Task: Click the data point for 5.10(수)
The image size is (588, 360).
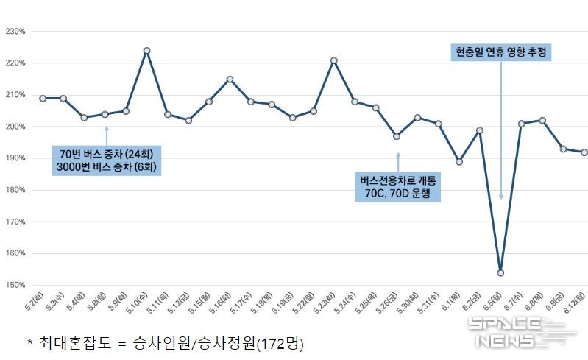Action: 147,51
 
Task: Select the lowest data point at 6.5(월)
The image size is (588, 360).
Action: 500,272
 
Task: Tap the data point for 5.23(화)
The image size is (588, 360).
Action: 334,60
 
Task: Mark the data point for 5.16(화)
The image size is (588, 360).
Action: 230,80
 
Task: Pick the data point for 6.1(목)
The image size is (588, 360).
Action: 459,162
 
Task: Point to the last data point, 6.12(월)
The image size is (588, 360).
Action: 584,152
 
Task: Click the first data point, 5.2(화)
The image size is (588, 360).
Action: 43,99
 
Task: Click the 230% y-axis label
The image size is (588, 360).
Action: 15,32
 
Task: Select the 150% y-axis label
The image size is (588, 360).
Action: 15,285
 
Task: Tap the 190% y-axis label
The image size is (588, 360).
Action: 15,158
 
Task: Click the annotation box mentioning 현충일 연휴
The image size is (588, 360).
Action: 500,52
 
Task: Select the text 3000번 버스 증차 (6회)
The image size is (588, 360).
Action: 107,168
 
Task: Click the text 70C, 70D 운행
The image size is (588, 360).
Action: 397,194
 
